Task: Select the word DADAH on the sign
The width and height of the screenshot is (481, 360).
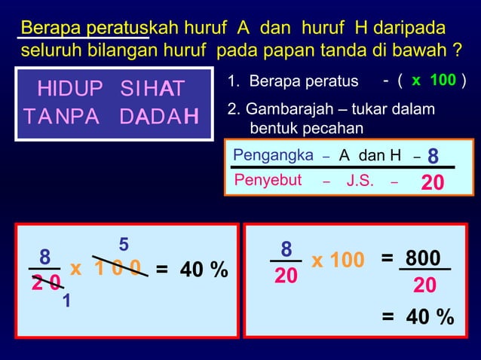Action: (159, 118)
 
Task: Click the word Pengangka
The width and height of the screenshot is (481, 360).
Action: (273, 155)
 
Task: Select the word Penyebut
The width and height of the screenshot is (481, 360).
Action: (268, 180)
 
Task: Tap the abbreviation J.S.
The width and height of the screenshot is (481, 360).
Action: (360, 181)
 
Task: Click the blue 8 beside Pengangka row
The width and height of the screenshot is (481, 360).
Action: (433, 156)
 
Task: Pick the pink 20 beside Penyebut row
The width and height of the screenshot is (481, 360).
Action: (432, 183)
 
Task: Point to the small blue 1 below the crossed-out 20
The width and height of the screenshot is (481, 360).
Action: (67, 301)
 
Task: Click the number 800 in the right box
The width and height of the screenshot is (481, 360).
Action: (422, 258)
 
